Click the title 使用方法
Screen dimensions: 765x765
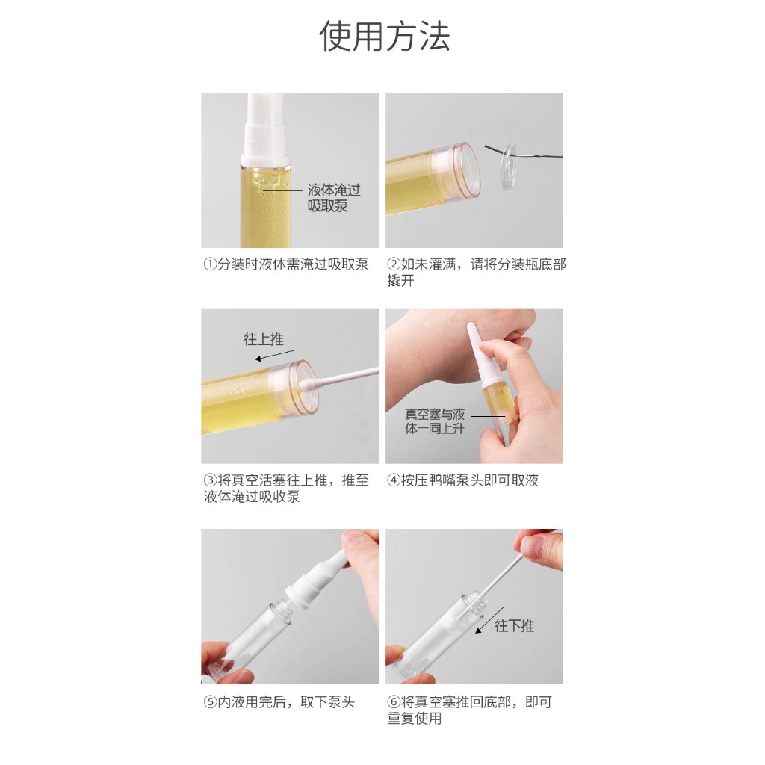[x=385, y=37]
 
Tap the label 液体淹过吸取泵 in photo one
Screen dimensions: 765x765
[x=334, y=197]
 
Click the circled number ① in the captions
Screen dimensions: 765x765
[x=210, y=264]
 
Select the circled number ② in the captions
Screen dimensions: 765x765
[x=394, y=264]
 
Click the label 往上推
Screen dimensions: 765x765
[x=264, y=339]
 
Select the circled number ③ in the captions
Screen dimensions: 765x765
[x=210, y=480]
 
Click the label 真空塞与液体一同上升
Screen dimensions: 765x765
[x=434, y=421]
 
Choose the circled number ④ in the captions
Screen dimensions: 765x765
[x=394, y=480]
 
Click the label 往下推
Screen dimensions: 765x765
[x=515, y=625]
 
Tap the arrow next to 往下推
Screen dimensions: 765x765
[x=489, y=620]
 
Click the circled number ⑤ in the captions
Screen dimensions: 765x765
[x=210, y=702]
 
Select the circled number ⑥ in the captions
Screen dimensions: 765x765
[x=394, y=702]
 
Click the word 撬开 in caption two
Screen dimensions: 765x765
[x=400, y=281]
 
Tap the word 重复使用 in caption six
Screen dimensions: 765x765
[x=415, y=719]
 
